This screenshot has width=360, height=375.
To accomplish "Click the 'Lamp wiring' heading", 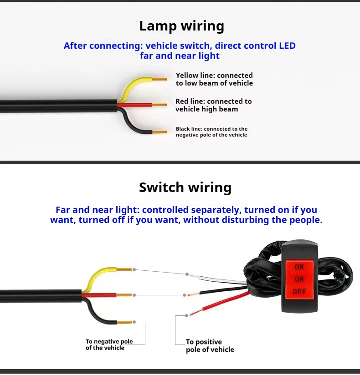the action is [181, 26].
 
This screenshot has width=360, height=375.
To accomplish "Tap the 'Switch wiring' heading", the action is [185, 187].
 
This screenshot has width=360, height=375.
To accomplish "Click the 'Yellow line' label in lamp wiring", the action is [214, 79].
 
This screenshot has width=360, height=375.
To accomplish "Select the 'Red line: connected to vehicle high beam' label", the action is [213, 105].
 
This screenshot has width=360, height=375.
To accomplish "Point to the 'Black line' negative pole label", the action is [211, 132].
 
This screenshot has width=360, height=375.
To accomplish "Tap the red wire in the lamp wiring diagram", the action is [134, 105].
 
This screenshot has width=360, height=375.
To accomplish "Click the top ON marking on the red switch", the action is [299, 267].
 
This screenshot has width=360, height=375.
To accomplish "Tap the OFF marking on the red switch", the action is [299, 292].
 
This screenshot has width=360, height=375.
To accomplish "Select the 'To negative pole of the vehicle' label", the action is [109, 345].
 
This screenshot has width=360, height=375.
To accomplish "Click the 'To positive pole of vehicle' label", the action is [210, 345].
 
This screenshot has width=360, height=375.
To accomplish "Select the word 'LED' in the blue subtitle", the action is [287, 46].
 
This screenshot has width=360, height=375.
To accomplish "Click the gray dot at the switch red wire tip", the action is [186, 316].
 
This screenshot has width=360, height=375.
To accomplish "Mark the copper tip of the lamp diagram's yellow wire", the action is [159, 79].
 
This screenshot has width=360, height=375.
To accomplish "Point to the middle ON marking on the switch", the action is [299, 279].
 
